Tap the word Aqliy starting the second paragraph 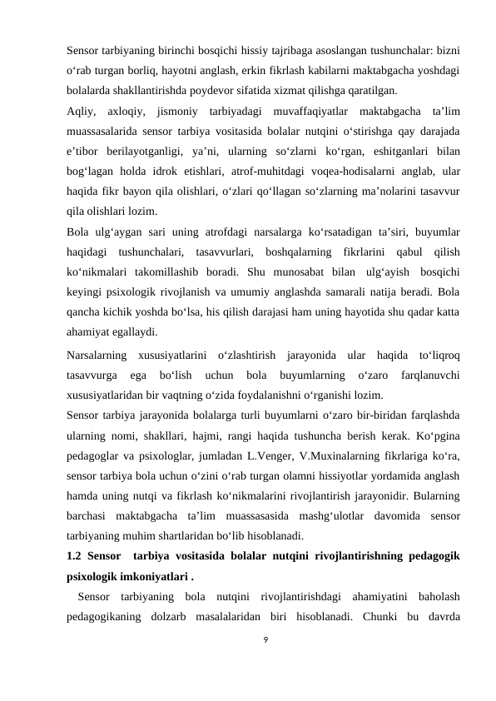(x=81, y=111)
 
